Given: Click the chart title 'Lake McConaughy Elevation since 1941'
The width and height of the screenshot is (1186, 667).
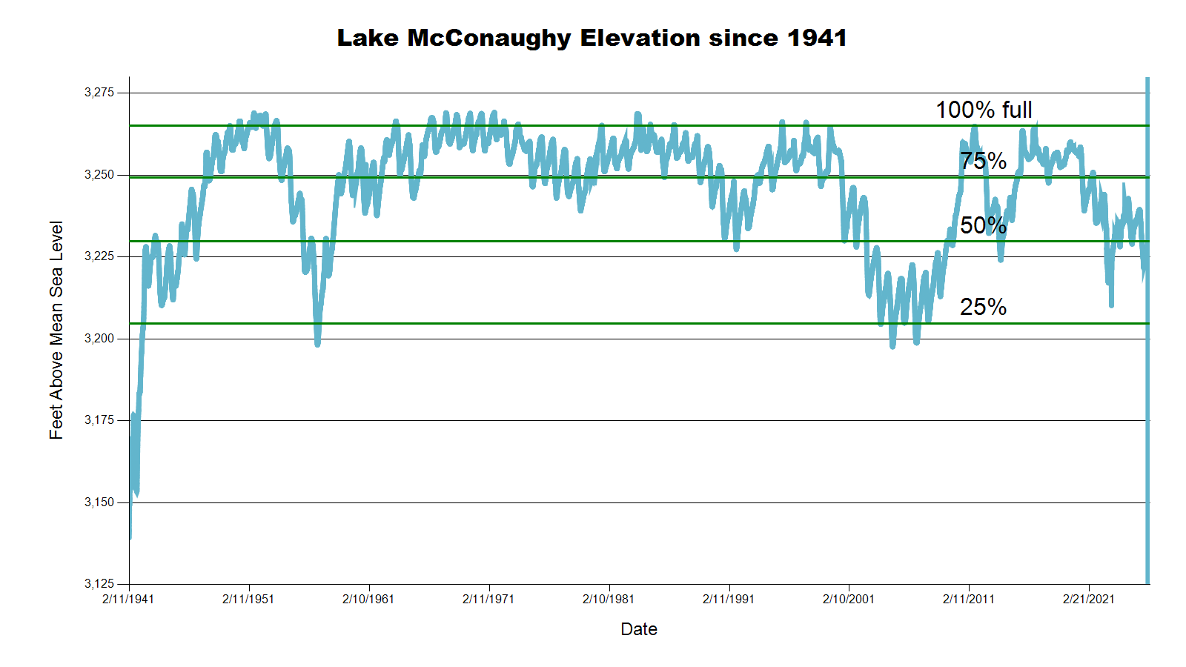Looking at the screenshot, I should point(592,38).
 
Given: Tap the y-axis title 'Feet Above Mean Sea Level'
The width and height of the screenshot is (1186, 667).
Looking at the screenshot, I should point(56,330).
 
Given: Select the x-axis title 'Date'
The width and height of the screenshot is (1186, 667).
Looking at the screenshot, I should point(639,629).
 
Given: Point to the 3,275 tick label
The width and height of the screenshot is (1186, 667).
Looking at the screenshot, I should point(99,93).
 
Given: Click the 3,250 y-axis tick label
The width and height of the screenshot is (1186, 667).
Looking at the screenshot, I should point(99,175).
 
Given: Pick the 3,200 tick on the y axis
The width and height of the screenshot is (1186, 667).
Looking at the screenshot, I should point(99,339).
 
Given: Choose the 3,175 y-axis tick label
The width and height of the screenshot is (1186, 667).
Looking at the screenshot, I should point(99,420).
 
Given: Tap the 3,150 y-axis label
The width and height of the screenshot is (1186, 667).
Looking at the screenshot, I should point(99,502).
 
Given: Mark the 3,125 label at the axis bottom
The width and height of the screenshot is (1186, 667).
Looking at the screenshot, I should point(99,584).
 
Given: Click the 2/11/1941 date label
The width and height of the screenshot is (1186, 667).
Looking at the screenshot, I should point(128,599).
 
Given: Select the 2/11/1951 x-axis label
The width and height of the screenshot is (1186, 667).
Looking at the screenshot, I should point(248,599).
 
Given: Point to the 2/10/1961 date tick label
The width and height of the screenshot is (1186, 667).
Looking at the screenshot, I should point(368,599).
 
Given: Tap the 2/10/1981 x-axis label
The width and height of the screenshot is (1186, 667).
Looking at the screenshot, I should point(609,599).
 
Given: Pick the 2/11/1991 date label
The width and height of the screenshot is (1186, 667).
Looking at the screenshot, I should point(729,599).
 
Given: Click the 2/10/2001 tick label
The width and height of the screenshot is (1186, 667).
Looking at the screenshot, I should point(849,599).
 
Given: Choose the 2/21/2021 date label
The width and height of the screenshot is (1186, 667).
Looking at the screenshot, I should point(1089,599).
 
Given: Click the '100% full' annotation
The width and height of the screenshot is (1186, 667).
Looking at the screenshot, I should point(984,110).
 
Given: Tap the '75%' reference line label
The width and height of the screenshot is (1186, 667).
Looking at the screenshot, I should point(983,161).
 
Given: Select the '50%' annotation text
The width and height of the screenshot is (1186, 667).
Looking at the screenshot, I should point(983,225).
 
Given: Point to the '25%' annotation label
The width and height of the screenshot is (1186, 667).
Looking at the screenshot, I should point(983,307).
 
